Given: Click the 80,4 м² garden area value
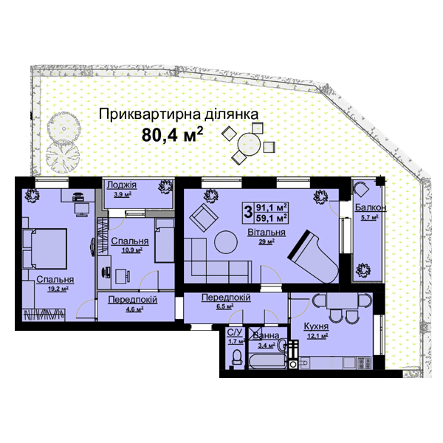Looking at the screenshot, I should coord(171,134).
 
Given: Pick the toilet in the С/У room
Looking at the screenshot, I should coord(236,358).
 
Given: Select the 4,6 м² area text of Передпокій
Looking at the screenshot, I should coord(135,310).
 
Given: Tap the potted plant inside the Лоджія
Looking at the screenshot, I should coord(160,190).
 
